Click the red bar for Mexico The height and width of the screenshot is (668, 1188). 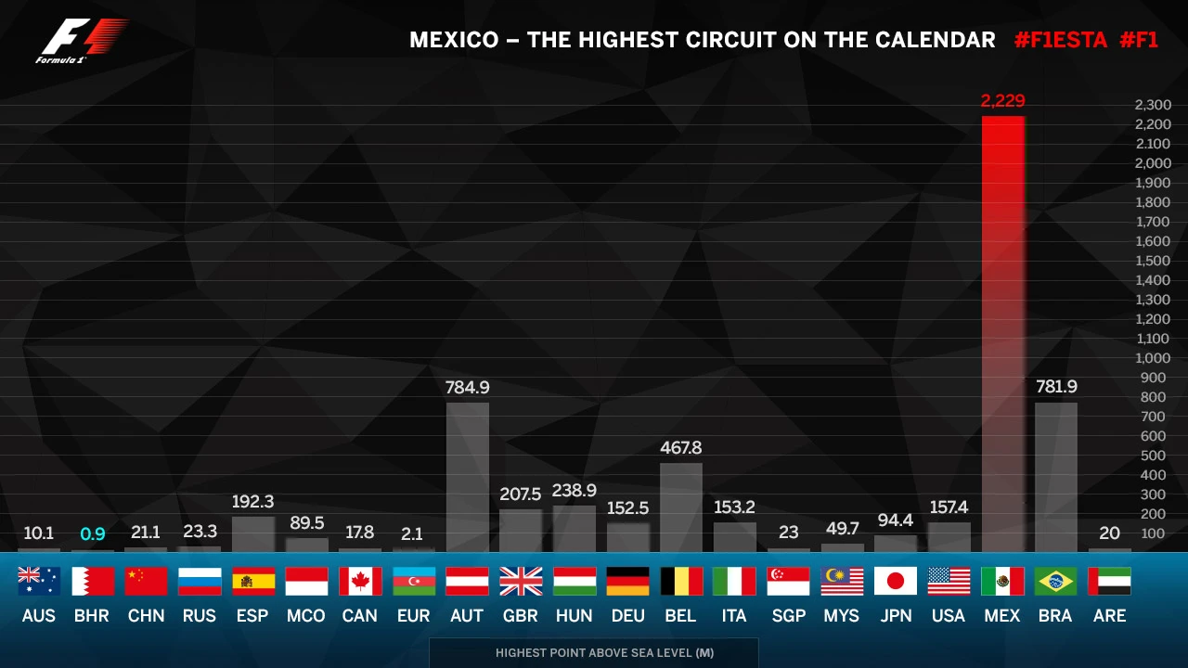click(1002, 334)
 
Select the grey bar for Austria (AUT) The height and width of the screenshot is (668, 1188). click(467, 477)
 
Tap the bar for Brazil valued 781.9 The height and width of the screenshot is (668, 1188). click(1056, 477)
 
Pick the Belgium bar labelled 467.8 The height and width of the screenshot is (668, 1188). click(681, 507)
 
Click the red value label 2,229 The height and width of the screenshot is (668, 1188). click(1002, 101)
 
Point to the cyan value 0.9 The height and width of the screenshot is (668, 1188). click(93, 533)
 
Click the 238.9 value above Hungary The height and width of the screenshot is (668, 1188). click(575, 491)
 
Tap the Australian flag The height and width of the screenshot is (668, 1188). click(39, 581)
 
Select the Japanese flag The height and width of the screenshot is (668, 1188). click(896, 581)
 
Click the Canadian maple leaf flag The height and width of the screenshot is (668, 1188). click(360, 581)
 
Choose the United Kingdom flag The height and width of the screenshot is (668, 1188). click(521, 581)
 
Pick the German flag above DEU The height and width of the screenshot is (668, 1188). click(627, 581)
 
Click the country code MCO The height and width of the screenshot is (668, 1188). click(306, 616)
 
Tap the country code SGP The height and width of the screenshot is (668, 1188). click(788, 616)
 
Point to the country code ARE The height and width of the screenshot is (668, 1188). click(1109, 616)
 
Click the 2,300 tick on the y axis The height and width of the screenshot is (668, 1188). click(1153, 105)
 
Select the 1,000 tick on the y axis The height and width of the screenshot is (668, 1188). click(1153, 358)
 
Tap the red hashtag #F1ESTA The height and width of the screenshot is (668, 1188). click(1061, 40)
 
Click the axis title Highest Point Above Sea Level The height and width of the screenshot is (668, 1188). click(604, 652)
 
